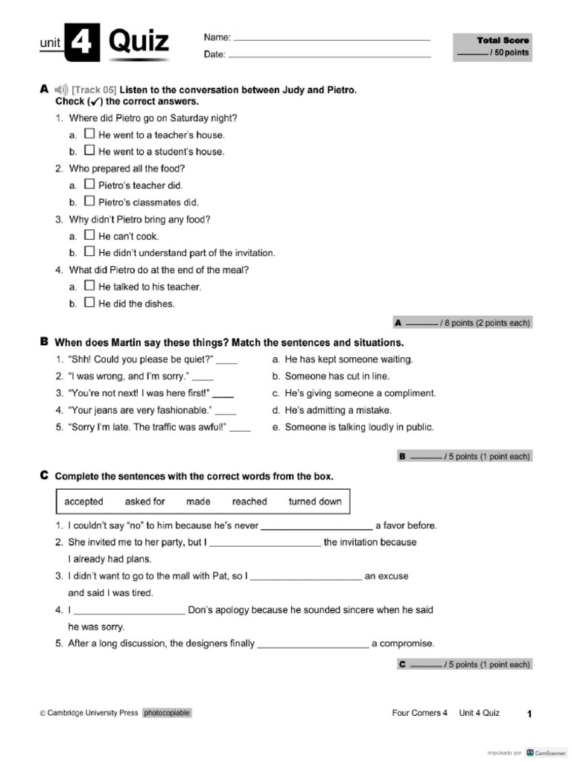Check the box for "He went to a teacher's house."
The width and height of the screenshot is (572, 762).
[x=89, y=135]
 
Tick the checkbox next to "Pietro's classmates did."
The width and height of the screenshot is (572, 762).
[x=89, y=202]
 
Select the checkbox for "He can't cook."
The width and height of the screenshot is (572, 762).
[x=89, y=236]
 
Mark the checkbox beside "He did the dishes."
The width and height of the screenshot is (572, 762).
[x=89, y=303]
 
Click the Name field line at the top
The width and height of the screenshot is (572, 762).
[x=332, y=38]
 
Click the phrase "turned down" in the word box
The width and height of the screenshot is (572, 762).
[x=315, y=502]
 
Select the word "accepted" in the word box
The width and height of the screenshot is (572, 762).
[x=84, y=502]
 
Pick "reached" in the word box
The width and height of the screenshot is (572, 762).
[x=250, y=502]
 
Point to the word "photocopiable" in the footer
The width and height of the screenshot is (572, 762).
[x=167, y=713]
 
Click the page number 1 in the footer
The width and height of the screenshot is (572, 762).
[x=529, y=714]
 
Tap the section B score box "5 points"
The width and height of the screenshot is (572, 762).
[x=465, y=457]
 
